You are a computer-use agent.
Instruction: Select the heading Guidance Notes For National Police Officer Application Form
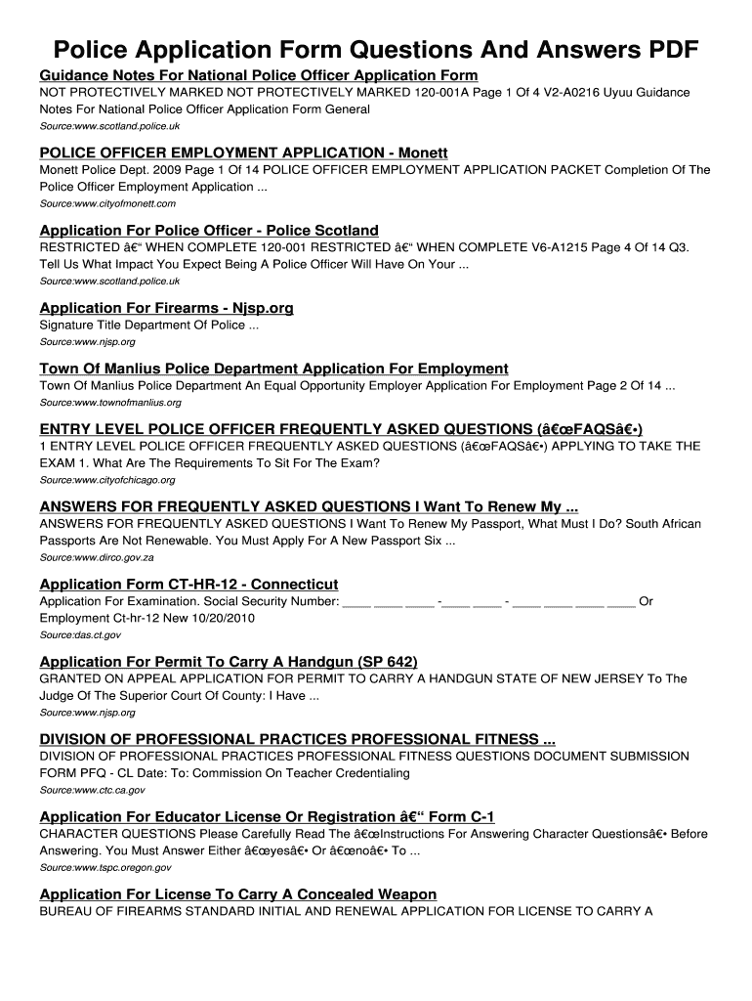[258, 75]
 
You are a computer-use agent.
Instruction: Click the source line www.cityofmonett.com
[107, 203]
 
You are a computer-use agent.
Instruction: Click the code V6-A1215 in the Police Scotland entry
[497, 247]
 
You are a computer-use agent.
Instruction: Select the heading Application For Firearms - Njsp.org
[166, 308]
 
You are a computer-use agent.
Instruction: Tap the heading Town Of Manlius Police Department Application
[273, 369]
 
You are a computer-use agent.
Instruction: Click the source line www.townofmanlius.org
[110, 402]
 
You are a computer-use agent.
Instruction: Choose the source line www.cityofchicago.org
[107, 480]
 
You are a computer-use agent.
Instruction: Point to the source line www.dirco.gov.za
[97, 557]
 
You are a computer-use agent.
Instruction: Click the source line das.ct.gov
[80, 635]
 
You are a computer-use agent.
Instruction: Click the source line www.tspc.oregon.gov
[105, 867]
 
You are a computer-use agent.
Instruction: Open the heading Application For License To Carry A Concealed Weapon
[237, 894]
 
